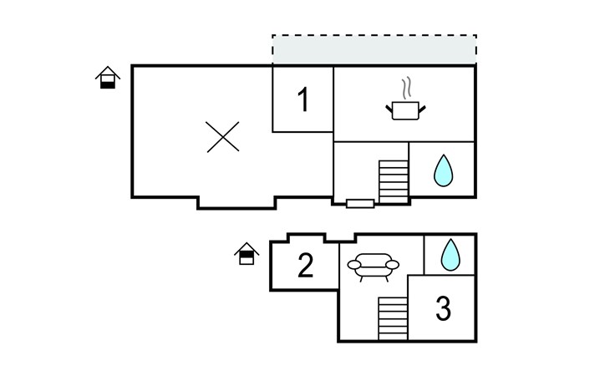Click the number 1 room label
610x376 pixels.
(x=303, y=100)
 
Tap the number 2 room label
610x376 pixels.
(x=306, y=266)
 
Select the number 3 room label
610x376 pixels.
(x=444, y=309)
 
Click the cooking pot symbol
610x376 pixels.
(x=406, y=109)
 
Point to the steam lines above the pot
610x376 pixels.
(x=406, y=88)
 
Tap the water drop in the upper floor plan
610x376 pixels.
(x=443, y=172)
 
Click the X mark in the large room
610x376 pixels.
(x=223, y=136)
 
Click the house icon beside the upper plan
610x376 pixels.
(x=107, y=79)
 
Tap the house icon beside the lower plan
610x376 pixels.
(x=246, y=253)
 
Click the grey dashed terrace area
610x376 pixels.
(x=374, y=50)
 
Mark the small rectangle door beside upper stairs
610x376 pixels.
(x=359, y=203)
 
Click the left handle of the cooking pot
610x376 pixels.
(x=389, y=106)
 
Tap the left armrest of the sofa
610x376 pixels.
(x=353, y=267)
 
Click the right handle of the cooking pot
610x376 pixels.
(x=423, y=106)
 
